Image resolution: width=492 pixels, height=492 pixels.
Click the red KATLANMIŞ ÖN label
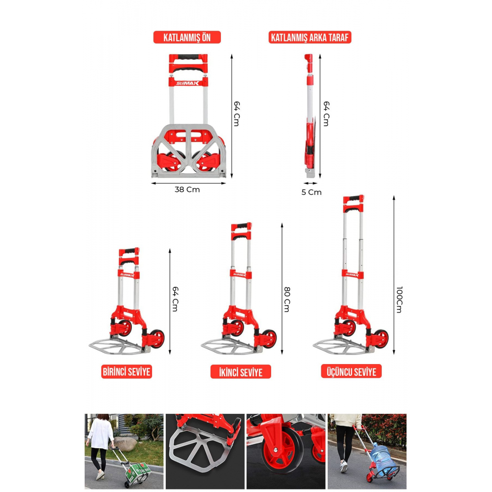pos(187,37)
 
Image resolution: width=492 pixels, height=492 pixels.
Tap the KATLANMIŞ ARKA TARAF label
pos(309,37)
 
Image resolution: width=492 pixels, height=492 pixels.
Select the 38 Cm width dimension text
pos(187,189)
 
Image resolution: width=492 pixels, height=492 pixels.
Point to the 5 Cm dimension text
pos(311,192)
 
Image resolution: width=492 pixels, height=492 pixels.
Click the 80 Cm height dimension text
pos(287,299)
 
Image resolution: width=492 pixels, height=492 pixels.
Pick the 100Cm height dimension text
pos(399,300)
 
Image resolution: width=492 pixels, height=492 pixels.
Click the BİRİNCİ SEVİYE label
pos(126,372)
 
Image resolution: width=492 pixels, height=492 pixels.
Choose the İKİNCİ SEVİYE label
pos(241,372)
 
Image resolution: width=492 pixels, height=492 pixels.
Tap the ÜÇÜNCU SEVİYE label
pos(351,371)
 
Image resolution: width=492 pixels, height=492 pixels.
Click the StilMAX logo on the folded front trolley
pos(187,83)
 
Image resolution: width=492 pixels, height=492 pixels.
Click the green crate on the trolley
pos(138,471)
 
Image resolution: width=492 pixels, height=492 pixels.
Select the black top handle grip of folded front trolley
pos(188,58)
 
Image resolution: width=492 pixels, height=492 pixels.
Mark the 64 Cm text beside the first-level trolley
pos(175,299)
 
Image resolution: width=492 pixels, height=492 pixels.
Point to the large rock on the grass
pos(125,444)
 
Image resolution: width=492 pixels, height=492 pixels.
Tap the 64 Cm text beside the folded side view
pos(326,114)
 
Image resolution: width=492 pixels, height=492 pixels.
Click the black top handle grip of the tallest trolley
pos(354,198)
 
